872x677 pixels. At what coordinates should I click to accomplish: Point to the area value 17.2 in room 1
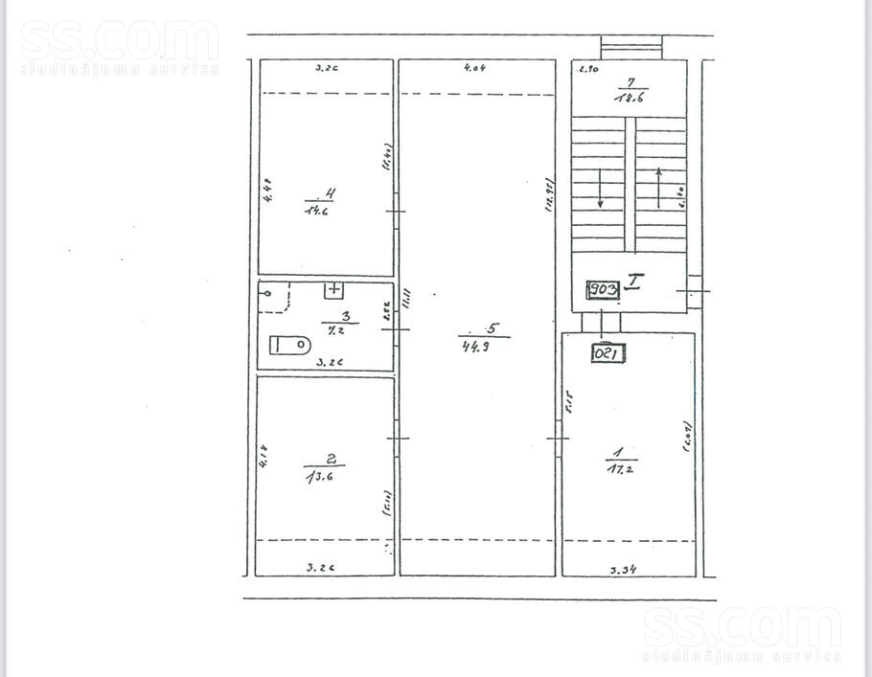click(617, 468)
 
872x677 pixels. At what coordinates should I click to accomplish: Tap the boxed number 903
click(602, 288)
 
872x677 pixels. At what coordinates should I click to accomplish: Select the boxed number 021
click(608, 352)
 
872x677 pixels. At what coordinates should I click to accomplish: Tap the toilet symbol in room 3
click(289, 345)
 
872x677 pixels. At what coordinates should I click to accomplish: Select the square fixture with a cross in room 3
click(334, 289)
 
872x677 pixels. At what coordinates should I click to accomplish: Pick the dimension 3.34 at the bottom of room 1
click(625, 569)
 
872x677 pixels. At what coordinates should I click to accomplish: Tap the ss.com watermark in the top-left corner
click(119, 47)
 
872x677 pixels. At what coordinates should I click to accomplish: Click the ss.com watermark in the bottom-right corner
click(743, 634)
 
